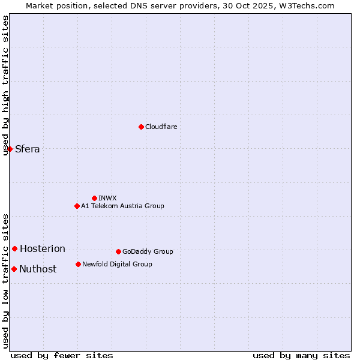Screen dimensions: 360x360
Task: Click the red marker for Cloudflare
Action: pos(141,127)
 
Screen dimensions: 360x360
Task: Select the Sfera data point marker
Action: pos(10,149)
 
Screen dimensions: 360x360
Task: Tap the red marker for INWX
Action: pos(94,198)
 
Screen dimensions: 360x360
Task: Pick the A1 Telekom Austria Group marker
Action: pos(77,206)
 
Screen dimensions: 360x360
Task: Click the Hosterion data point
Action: pos(14,248)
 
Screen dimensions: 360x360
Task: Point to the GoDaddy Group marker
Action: pos(118,251)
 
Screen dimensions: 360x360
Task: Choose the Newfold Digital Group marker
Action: pos(78,264)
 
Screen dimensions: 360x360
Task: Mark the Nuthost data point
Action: pos(14,269)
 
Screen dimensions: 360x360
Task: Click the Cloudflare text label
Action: pos(161,127)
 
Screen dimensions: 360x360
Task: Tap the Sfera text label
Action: pos(28,149)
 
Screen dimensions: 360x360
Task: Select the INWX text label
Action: pos(107,198)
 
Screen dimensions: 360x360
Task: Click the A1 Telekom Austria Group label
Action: pos(122,206)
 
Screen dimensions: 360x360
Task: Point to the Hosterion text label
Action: pos(43,249)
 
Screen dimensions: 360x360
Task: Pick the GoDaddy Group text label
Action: pos(148,251)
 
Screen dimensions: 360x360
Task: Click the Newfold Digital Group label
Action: pos(117,264)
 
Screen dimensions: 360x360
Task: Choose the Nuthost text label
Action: pos(38,269)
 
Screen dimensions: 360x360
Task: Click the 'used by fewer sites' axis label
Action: pos(62,355)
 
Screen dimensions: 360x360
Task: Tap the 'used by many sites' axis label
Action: pos(301,355)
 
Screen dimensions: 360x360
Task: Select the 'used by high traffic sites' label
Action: pos(6,85)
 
